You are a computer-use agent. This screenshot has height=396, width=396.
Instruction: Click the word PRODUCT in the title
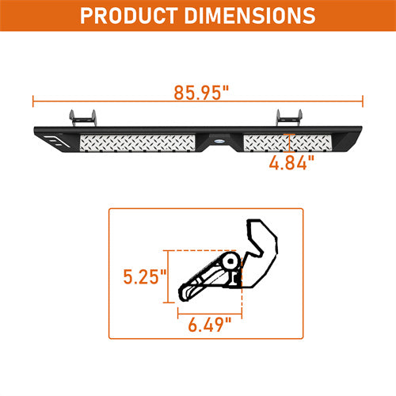tap(134, 15)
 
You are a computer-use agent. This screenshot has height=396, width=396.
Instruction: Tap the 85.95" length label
tap(197, 93)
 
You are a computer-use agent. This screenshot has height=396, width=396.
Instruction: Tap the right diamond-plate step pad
tap(285, 143)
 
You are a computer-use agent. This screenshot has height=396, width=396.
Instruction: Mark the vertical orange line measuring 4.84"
tap(291, 143)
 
